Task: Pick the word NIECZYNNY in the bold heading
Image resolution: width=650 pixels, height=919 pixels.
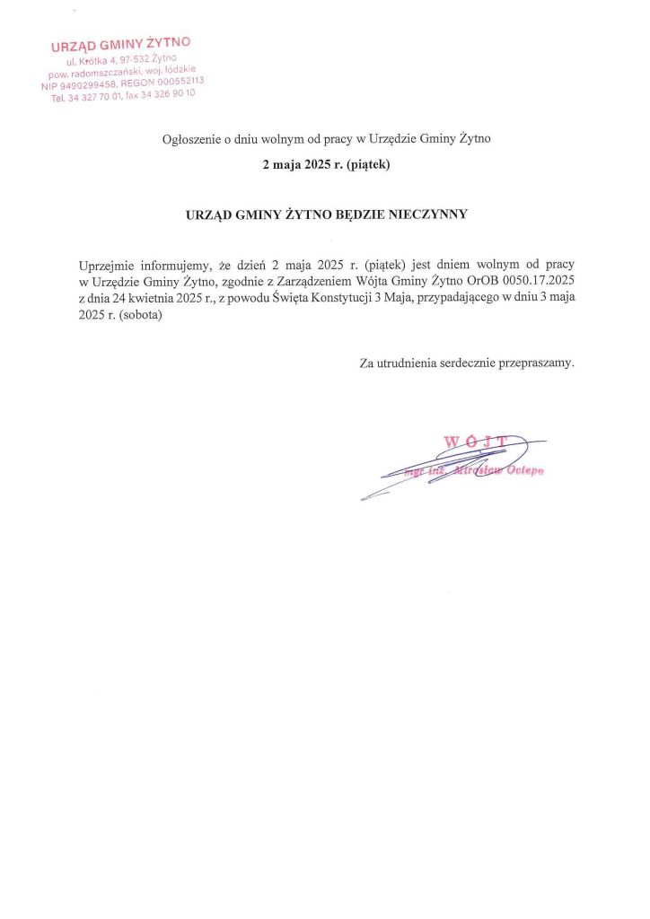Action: tap(426, 214)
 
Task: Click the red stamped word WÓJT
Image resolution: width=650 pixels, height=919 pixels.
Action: tap(477, 441)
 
